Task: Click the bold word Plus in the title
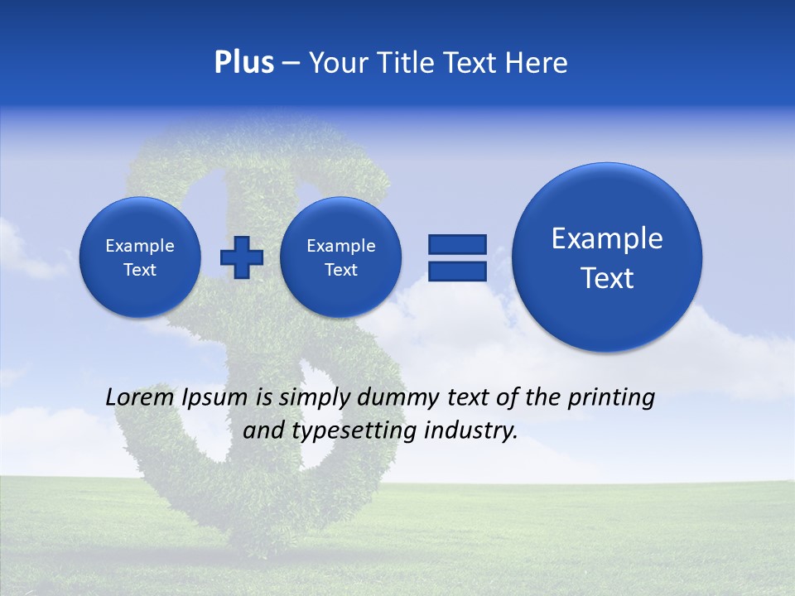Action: point(243,62)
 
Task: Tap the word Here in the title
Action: point(537,62)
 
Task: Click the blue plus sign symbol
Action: point(241,257)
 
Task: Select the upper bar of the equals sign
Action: point(457,243)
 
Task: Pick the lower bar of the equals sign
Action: point(457,272)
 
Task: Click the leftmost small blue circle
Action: point(140,257)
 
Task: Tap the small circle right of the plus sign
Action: point(340,257)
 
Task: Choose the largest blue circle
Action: point(607,257)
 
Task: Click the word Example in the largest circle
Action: point(607,238)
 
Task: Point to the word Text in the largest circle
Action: point(607,278)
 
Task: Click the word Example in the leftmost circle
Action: point(140,246)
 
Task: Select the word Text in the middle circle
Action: point(340,270)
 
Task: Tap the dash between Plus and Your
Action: point(291,63)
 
